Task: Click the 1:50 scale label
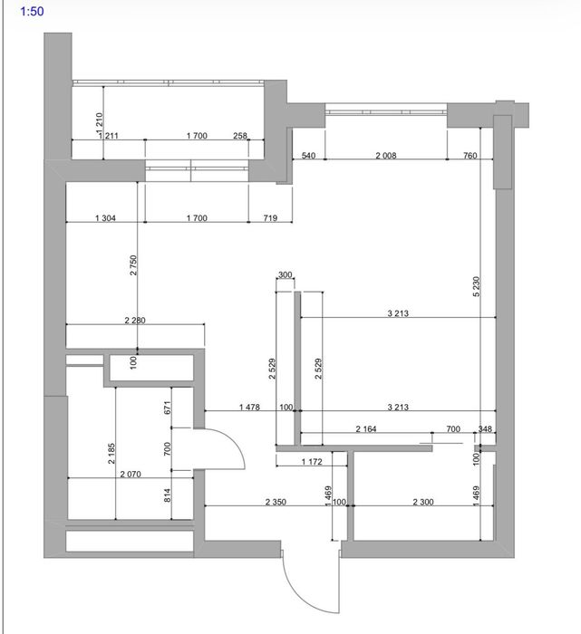pyautogui.click(x=32, y=11)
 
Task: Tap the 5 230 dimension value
pyautogui.click(x=476, y=286)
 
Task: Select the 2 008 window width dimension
pyautogui.click(x=386, y=155)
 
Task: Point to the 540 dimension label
pyautogui.click(x=309, y=155)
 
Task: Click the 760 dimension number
pyautogui.click(x=470, y=155)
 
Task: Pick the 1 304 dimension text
pyautogui.click(x=106, y=218)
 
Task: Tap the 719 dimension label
pyautogui.click(x=270, y=218)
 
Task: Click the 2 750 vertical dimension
pyautogui.click(x=133, y=264)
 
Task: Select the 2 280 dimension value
pyautogui.click(x=135, y=321)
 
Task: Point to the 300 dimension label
pyautogui.click(x=286, y=275)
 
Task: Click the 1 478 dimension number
pyautogui.click(x=249, y=408)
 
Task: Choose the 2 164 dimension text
pyautogui.click(x=366, y=428)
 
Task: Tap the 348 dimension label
pyautogui.click(x=485, y=428)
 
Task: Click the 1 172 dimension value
pyautogui.click(x=312, y=461)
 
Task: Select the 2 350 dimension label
pyautogui.click(x=276, y=502)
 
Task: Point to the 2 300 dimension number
pyautogui.click(x=423, y=502)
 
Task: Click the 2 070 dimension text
pyautogui.click(x=131, y=474)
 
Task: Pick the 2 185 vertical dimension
pyautogui.click(x=111, y=453)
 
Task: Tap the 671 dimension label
pyautogui.click(x=168, y=408)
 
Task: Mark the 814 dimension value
pyautogui.click(x=168, y=495)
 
